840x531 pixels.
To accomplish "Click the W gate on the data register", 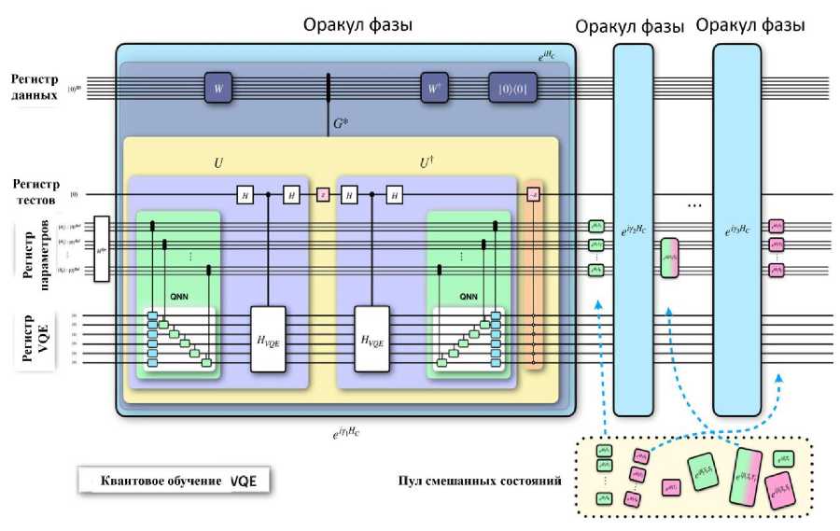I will point(217,88).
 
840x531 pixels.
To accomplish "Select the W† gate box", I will point(434,88).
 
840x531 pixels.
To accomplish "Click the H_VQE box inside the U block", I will point(271,338).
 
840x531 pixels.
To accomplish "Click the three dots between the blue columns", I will point(693,203).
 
